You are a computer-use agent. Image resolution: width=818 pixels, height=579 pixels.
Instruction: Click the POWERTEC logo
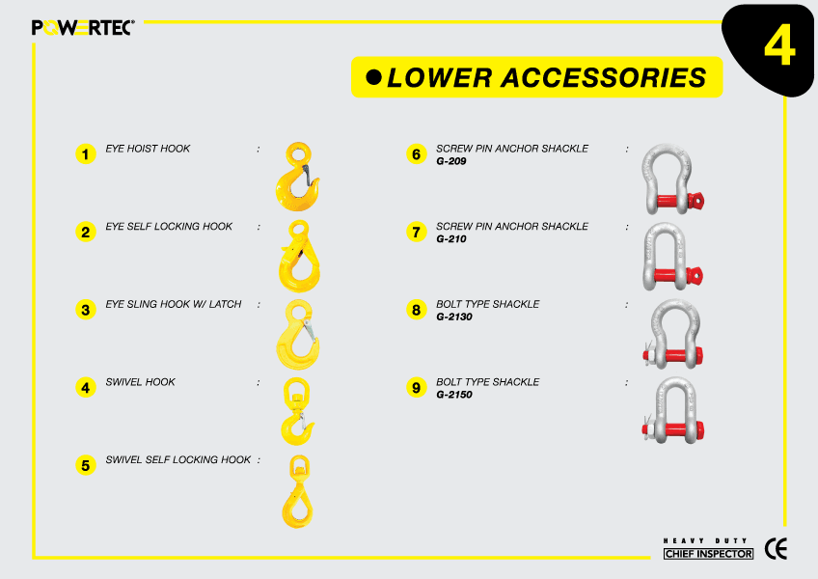click(83, 27)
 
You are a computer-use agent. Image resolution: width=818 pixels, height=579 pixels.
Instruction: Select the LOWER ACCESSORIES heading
click(547, 77)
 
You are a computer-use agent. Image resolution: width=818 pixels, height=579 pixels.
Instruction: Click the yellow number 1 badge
click(86, 153)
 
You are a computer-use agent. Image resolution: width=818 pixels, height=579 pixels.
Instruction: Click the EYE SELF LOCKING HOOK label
click(169, 227)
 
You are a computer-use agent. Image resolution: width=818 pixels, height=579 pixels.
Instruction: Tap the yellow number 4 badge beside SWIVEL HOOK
click(86, 387)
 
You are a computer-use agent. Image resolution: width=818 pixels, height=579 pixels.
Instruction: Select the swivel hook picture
click(297, 410)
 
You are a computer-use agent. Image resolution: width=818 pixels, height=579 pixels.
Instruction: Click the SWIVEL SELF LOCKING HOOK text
click(177, 460)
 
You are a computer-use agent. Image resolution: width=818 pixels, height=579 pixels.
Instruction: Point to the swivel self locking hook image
click(297, 490)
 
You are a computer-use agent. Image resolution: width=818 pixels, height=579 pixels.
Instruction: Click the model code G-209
click(451, 161)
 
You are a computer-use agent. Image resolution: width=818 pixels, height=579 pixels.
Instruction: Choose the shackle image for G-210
click(668, 255)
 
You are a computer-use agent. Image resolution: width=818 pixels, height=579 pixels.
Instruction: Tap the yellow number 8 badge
click(417, 310)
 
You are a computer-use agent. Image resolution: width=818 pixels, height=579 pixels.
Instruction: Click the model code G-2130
click(454, 317)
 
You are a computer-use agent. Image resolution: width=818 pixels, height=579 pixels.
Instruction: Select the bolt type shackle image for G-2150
click(672, 410)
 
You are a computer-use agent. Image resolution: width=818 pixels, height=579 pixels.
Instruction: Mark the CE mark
click(776, 549)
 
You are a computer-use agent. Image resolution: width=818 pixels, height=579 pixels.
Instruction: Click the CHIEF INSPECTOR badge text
click(708, 554)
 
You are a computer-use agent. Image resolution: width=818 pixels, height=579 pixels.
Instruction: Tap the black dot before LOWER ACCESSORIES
click(374, 77)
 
